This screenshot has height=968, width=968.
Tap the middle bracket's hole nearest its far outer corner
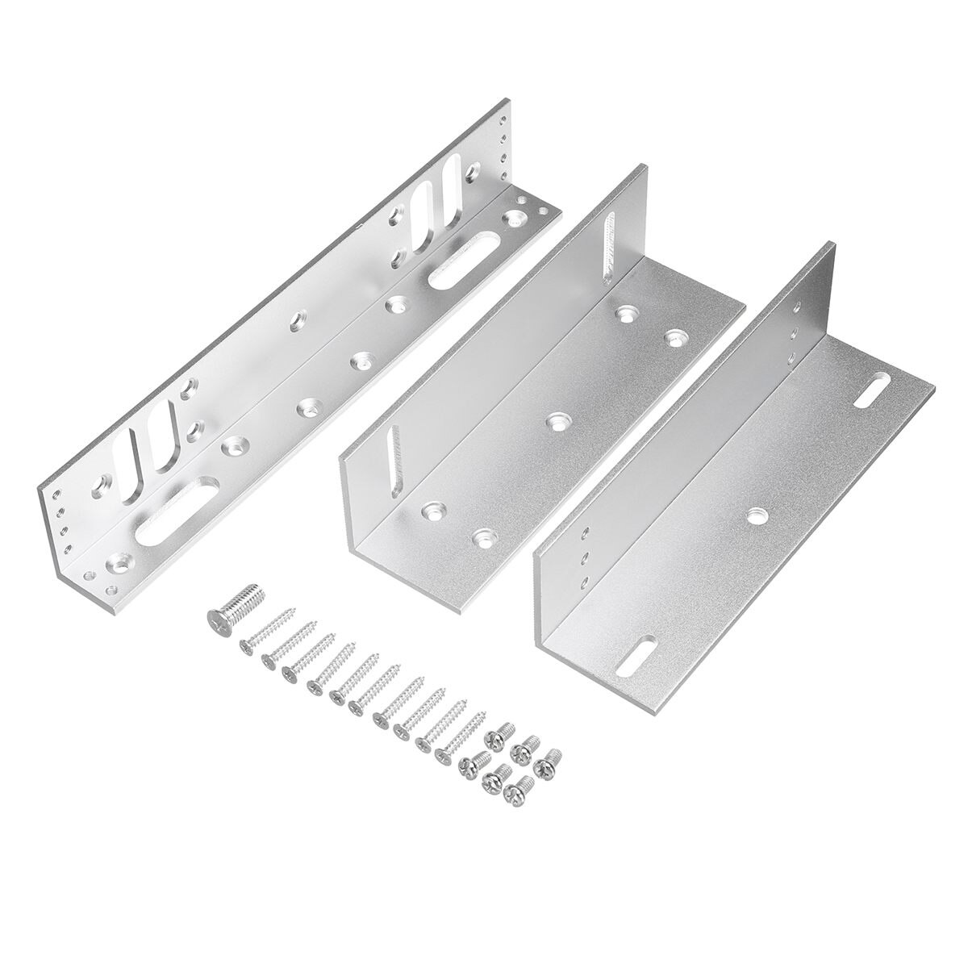click(674, 336)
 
